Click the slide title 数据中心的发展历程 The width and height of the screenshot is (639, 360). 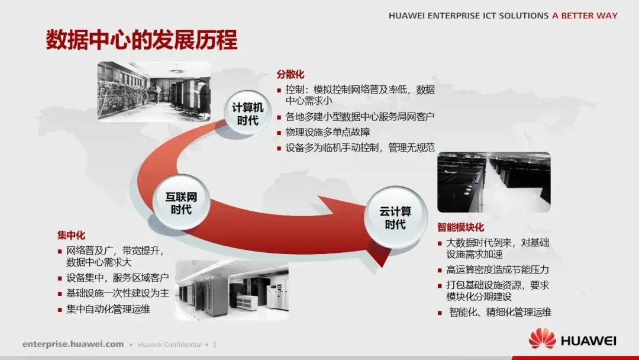click(141, 40)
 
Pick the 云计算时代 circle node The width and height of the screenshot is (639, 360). click(395, 217)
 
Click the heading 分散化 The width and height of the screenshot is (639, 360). click(291, 75)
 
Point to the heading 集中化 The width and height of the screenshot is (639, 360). click(71, 236)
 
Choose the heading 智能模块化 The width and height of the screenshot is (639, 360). click(461, 227)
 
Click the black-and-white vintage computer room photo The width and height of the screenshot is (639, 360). click(154, 90)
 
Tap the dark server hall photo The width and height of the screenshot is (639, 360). click(493, 182)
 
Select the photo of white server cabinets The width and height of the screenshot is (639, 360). click(232, 290)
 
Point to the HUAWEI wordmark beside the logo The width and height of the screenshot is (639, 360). click(588, 340)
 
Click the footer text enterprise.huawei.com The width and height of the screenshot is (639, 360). click(73, 344)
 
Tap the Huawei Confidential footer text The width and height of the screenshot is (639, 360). click(170, 344)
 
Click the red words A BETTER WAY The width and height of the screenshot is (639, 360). click(585, 16)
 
